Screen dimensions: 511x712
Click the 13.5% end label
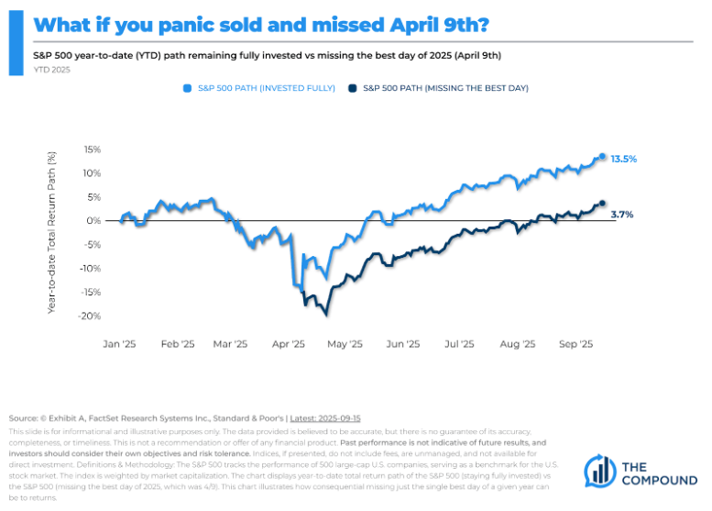[x=623, y=159]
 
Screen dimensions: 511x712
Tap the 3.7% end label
[x=621, y=214]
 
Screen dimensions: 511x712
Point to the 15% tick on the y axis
[x=92, y=150]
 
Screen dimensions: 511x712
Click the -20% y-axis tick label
[x=90, y=317]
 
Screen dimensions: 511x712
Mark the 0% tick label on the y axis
[x=94, y=221]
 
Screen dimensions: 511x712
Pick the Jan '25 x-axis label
[x=120, y=345]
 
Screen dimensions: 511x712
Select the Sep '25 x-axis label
[x=574, y=345]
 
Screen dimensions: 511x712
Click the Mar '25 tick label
[x=230, y=345]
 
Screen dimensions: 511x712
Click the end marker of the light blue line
[x=602, y=157]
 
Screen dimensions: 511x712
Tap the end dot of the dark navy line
[x=602, y=204]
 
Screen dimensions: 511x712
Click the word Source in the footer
[x=22, y=418]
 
